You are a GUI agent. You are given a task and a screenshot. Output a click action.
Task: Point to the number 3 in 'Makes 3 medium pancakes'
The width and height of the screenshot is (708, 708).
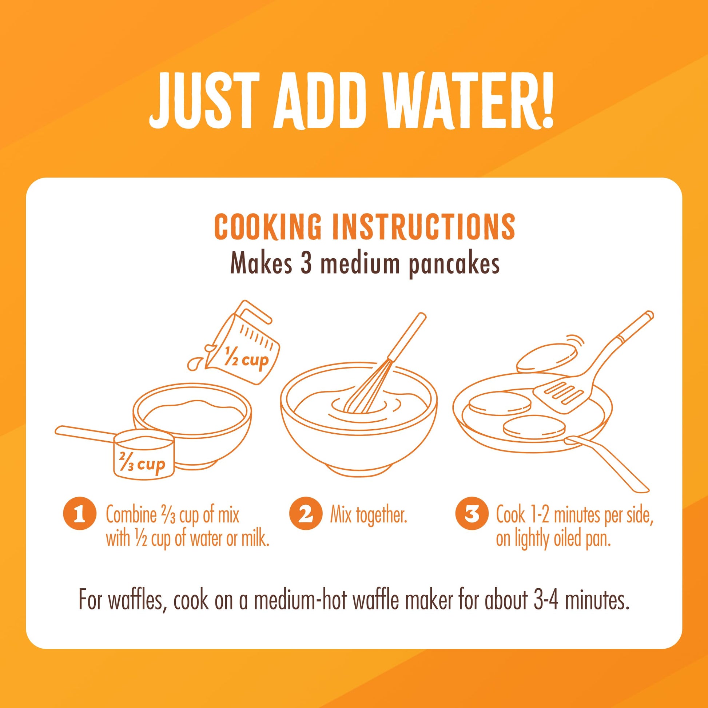click(306, 264)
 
